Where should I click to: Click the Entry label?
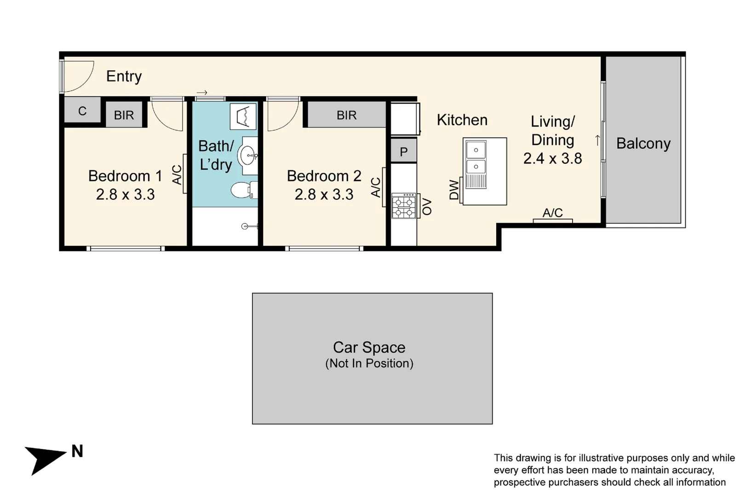[124, 76]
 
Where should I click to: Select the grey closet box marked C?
[82, 110]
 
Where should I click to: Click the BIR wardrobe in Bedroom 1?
[124, 115]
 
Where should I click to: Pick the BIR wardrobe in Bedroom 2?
[346, 115]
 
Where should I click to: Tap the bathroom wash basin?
[248, 156]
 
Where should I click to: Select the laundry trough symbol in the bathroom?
[243, 116]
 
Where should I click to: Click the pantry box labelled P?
[403, 151]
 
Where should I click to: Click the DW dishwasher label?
[454, 190]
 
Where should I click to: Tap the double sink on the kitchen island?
[476, 158]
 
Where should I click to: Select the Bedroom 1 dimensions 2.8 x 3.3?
[125, 194]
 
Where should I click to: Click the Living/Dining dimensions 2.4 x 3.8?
[552, 158]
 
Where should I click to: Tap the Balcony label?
[643, 143]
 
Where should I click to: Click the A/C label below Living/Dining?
[552, 213]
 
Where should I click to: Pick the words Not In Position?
[369, 363]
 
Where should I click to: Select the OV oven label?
[427, 207]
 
